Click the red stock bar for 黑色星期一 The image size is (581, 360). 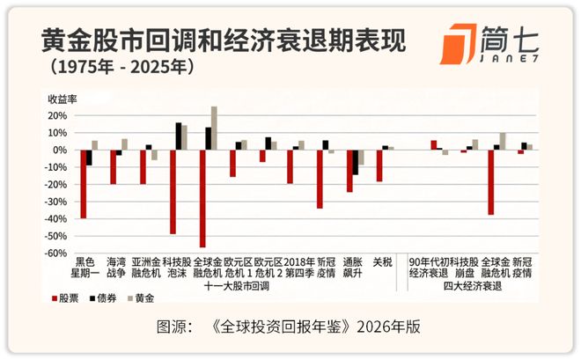tap(84, 184)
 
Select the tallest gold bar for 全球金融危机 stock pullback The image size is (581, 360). tap(214, 129)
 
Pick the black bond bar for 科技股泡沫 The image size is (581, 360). tap(179, 136)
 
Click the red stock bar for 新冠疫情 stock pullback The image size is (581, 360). tap(320, 179)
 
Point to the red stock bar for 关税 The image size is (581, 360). tap(379, 165)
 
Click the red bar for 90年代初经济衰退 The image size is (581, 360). tap(433, 145)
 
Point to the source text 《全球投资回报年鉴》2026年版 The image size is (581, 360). tap(321, 327)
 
